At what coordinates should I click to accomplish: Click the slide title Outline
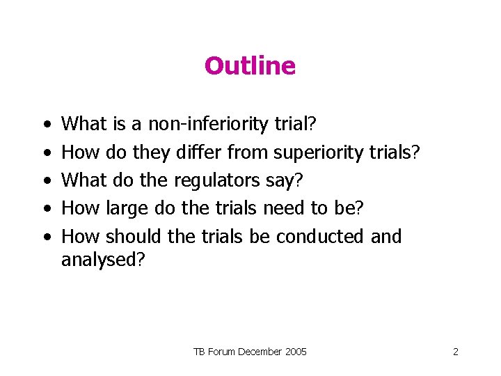(x=250, y=66)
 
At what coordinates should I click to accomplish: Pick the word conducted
(x=319, y=236)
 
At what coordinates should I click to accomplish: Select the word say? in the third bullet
(x=285, y=180)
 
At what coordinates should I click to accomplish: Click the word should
(x=135, y=236)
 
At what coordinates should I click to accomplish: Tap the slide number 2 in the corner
(x=455, y=352)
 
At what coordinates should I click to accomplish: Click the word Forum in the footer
(x=221, y=352)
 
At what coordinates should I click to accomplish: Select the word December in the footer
(x=261, y=352)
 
